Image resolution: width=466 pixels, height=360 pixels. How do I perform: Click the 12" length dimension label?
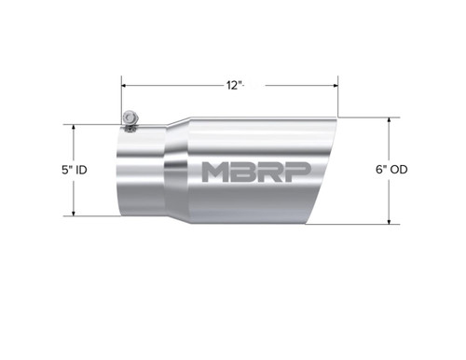click(233, 85)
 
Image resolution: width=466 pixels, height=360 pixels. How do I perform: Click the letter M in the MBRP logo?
click(216, 172)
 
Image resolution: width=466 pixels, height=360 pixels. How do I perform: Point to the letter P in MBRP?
click(298, 172)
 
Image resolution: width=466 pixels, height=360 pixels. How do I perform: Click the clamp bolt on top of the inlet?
click(130, 118)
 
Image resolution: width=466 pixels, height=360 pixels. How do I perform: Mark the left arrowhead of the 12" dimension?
click(123, 85)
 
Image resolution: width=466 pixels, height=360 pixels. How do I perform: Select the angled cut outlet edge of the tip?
click(322, 173)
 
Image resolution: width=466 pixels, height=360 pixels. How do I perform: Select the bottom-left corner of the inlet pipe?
click(118, 215)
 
